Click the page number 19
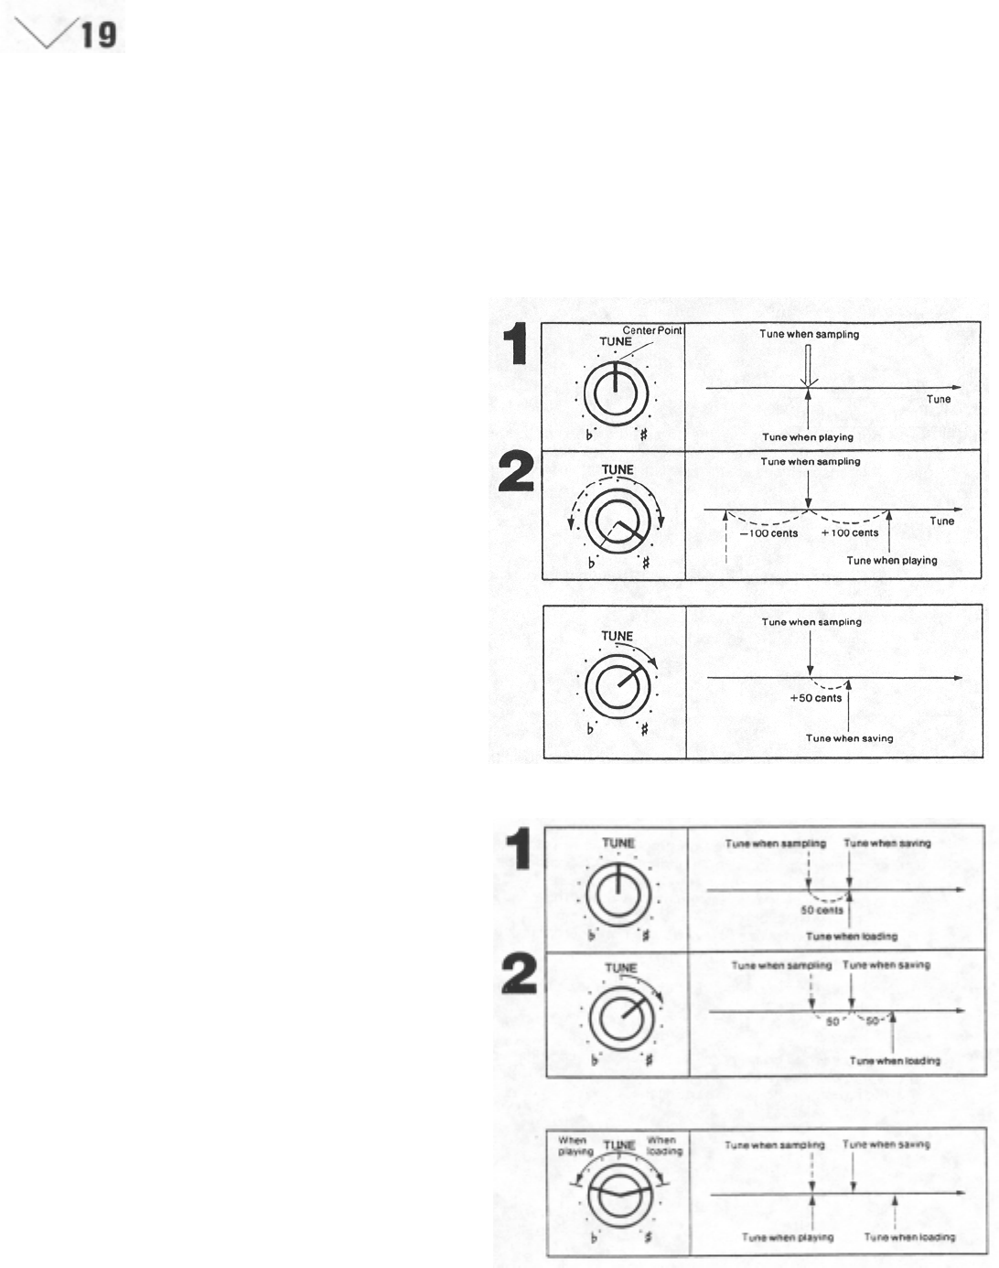click(x=98, y=35)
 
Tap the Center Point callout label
click(x=652, y=330)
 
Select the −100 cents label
click(x=768, y=533)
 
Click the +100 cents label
click(x=850, y=533)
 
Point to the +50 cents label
click(x=816, y=698)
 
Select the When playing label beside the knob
click(x=573, y=1145)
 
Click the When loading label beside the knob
click(x=662, y=1145)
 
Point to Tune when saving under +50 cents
click(x=849, y=738)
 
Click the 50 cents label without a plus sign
click(x=822, y=910)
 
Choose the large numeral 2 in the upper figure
click(x=516, y=474)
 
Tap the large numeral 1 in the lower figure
click(x=519, y=848)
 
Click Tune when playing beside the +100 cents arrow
click(x=892, y=561)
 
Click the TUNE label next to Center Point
click(x=615, y=342)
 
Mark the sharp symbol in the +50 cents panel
click(x=645, y=729)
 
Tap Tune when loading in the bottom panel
click(x=910, y=1237)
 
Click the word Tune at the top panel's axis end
click(x=939, y=399)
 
